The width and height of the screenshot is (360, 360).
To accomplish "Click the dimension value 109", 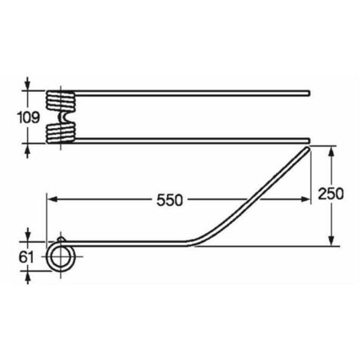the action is pyautogui.click(x=28, y=118).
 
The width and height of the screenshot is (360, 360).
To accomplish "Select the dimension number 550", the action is pyautogui.click(x=170, y=200).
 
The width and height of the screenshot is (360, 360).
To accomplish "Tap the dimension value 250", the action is pyautogui.click(x=331, y=194).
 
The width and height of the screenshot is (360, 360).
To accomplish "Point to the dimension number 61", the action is pyautogui.click(x=26, y=257).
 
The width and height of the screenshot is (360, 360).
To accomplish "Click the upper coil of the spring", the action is pyautogui.click(x=61, y=101).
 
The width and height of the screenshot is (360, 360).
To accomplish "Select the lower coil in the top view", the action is pyautogui.click(x=61, y=133).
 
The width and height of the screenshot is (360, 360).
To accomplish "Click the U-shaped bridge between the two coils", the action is pyautogui.click(x=63, y=117).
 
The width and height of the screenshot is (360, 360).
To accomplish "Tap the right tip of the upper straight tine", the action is pyautogui.click(x=309, y=93).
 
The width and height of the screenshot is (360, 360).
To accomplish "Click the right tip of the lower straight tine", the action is pyautogui.click(x=309, y=140).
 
